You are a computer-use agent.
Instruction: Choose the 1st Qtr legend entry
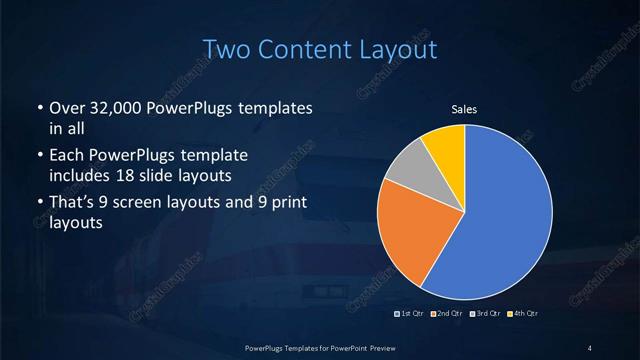(411, 314)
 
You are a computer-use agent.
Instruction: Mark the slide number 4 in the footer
(590, 347)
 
